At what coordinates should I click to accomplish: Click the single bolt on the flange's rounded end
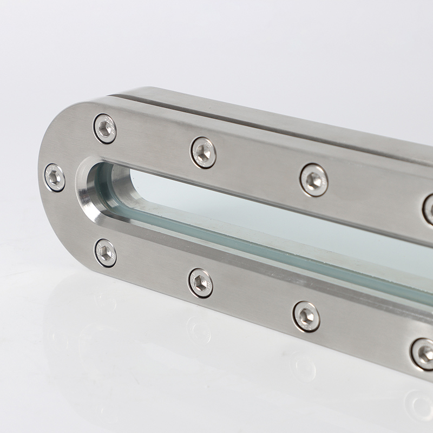(x=54, y=178)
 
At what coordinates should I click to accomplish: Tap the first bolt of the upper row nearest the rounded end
(x=104, y=129)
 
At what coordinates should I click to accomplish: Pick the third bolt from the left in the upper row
(x=314, y=180)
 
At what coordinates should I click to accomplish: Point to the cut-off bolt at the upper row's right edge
(x=429, y=209)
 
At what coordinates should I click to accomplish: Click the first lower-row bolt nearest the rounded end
(x=105, y=252)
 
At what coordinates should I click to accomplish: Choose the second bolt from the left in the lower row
(x=200, y=283)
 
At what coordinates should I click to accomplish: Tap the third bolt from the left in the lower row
(x=306, y=316)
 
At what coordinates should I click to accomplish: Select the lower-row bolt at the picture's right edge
(x=423, y=353)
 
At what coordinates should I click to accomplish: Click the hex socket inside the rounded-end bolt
(x=54, y=178)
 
